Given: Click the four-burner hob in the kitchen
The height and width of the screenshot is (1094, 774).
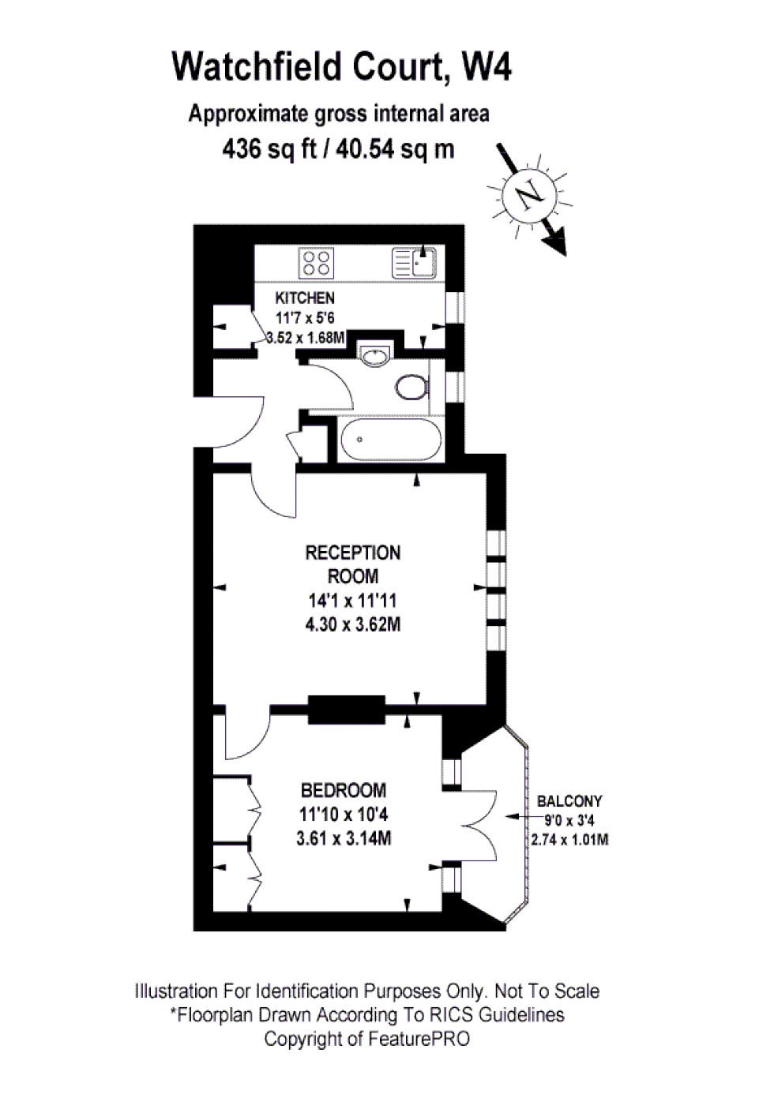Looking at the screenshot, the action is [317, 264].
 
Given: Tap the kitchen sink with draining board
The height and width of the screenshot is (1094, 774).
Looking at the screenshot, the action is [414, 263].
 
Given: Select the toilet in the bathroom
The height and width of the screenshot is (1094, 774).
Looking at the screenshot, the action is [412, 388].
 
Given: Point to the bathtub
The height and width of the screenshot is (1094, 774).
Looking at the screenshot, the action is [391, 439].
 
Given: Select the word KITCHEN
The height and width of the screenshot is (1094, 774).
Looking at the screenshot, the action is [305, 298].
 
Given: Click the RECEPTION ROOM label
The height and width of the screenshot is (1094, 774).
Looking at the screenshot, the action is [353, 564].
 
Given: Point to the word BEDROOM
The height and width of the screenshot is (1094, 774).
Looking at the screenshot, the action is [344, 790].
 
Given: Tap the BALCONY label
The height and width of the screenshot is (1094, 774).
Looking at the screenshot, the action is [569, 801].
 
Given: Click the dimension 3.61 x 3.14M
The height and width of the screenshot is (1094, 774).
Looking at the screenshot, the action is [344, 838].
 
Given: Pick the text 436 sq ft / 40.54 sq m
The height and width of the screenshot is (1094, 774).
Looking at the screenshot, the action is [339, 148].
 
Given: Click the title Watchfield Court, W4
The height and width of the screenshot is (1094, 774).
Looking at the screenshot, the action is [342, 67].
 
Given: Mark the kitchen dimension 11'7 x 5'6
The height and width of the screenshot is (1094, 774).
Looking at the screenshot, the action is [305, 318].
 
